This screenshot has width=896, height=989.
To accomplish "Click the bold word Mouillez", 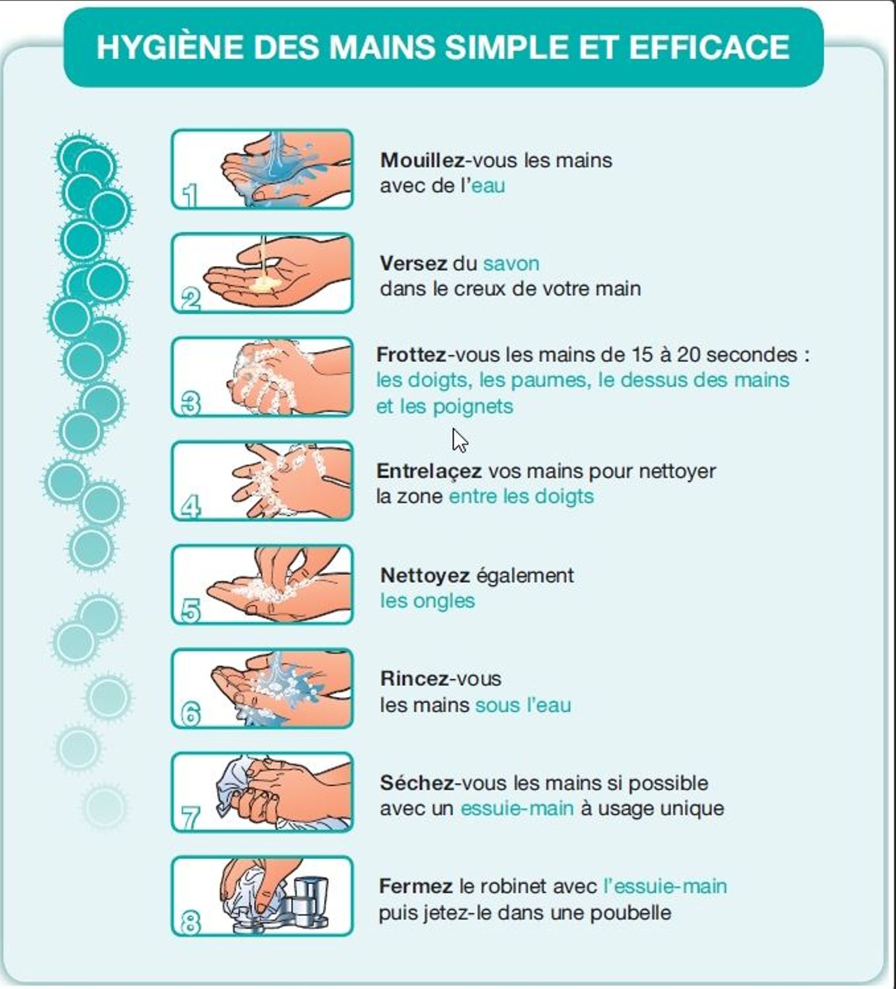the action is click(422, 161).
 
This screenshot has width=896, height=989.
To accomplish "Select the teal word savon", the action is click(511, 264).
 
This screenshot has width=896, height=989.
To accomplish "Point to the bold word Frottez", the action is click(411, 355).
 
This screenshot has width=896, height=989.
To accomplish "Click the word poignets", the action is click(473, 407).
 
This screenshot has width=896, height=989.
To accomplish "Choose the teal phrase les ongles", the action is click(427, 601).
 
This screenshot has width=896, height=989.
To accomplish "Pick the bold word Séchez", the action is click(417, 783).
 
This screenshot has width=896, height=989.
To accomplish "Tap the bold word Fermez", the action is click(416, 886).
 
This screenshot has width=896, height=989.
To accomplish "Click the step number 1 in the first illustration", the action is click(190, 195).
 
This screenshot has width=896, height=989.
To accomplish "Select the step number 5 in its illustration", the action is click(191, 611).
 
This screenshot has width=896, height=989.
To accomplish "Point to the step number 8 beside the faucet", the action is click(191, 922).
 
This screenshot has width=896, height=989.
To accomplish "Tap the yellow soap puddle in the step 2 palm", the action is click(264, 284).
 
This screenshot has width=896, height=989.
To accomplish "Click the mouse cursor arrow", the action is click(460, 440).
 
